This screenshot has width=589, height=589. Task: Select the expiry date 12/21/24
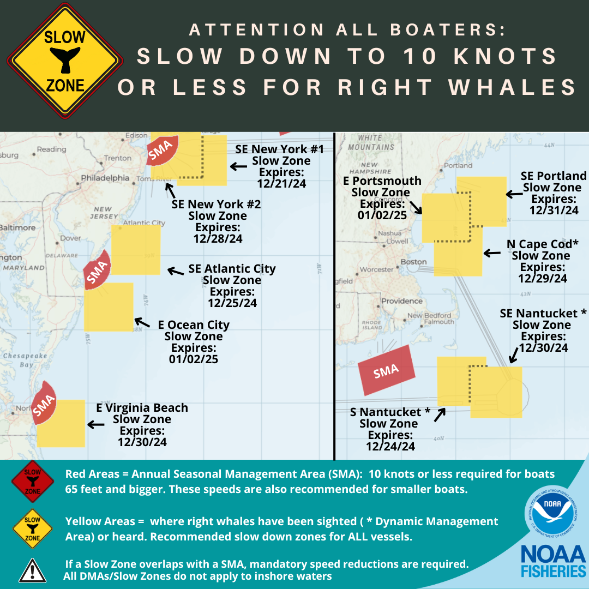281,184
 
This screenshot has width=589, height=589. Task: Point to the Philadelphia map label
105,178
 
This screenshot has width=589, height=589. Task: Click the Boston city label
413,262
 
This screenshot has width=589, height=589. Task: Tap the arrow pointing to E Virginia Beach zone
96,424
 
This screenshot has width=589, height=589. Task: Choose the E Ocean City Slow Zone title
194,325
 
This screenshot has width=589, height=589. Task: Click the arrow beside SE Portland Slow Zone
514,194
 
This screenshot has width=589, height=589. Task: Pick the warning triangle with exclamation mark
32,570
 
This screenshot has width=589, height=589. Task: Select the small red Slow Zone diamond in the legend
32,480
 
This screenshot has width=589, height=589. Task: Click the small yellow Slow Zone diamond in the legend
32,528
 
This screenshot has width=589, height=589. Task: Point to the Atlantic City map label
144,223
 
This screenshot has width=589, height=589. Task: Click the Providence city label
402,301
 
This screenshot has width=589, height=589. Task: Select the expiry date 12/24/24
390,447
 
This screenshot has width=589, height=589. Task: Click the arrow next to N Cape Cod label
492,253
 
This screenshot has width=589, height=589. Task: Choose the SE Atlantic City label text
232,269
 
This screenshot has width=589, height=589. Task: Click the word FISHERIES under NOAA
552,572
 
